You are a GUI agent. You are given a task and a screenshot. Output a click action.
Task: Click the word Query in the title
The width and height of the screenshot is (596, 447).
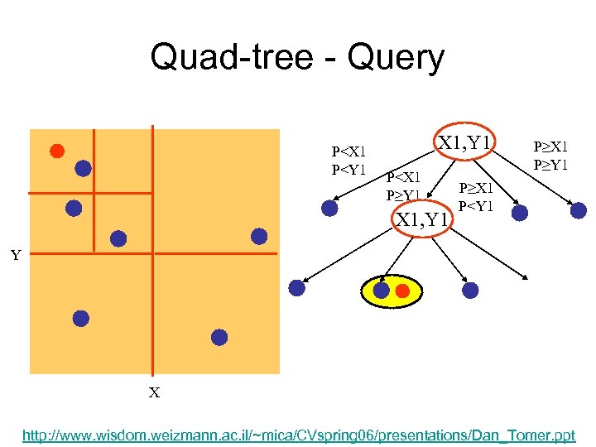[397, 58]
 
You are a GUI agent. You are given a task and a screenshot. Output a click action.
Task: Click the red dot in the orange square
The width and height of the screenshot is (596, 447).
[56, 151]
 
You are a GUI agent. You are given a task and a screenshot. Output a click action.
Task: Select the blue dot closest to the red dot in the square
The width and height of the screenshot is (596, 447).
[83, 168]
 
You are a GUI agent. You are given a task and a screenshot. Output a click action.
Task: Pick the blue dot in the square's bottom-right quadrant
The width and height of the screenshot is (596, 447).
[219, 337]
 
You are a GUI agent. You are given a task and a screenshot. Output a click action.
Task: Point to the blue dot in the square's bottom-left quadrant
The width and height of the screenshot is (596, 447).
[80, 318]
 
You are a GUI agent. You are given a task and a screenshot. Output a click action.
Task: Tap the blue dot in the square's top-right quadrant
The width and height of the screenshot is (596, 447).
[259, 236]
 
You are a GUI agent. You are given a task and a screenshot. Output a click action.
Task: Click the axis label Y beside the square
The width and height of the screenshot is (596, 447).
[16, 255]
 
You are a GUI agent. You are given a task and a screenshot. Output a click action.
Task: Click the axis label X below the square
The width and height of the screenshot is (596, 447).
[154, 392]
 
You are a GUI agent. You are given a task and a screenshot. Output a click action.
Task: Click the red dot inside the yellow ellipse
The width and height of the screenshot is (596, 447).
[402, 291]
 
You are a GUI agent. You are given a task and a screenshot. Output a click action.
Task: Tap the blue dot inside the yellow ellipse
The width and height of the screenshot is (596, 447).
[381, 291]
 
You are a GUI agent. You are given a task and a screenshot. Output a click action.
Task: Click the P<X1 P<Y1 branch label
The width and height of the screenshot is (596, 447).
[348, 161]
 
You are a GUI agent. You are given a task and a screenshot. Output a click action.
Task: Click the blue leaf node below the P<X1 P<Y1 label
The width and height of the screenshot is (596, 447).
[329, 209]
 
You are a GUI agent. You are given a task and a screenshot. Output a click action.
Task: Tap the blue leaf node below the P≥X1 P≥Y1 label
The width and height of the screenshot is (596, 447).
[578, 210]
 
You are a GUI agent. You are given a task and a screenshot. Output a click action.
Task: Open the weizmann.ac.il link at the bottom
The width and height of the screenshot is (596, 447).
[299, 434]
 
